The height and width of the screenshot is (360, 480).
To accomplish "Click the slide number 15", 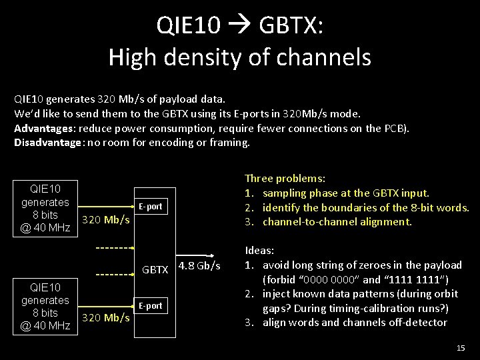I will pos(459,347).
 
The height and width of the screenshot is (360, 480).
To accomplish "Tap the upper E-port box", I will pos(151,207).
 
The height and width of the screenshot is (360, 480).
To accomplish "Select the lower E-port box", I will pos(151,306).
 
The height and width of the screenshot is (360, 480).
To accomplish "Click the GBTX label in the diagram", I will pos(155,270).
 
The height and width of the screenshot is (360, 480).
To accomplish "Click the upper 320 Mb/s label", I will pos(105,219).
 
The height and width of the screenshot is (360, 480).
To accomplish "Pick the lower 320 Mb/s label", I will pos(105,317).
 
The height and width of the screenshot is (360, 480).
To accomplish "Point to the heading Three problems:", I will pos(285,179).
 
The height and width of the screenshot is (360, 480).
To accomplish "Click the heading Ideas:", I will pos(260,251).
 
